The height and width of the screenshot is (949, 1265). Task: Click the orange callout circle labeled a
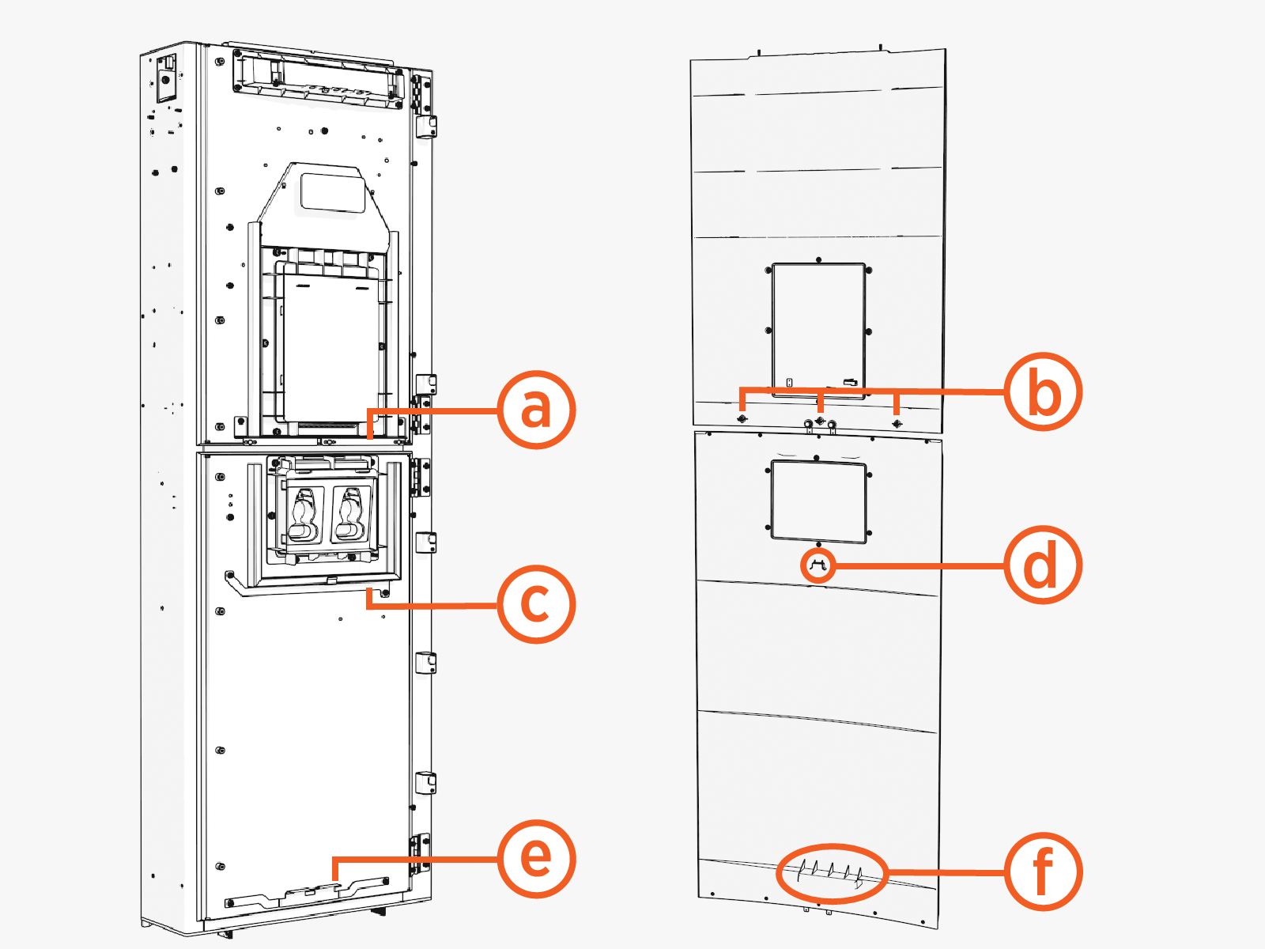pyautogui.click(x=536, y=410)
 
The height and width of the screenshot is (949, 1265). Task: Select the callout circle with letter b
pyautogui.click(x=1043, y=391)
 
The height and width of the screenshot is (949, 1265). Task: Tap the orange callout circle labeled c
pyautogui.click(x=536, y=604)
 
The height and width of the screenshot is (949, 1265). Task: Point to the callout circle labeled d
pyautogui.click(x=1043, y=565)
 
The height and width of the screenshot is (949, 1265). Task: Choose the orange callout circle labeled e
pyautogui.click(x=536, y=859)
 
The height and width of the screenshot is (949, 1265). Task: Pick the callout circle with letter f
pyautogui.click(x=1043, y=871)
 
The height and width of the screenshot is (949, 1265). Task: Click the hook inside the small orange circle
pyautogui.click(x=818, y=565)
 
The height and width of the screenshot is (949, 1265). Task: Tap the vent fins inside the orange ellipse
pyautogui.click(x=830, y=871)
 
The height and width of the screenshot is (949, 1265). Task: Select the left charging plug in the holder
pyautogui.click(x=304, y=514)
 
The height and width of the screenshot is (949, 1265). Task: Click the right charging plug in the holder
pyautogui.click(x=349, y=514)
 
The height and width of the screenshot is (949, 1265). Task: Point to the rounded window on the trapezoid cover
pyautogui.click(x=333, y=192)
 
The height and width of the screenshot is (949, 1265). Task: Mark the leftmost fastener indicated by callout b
pyautogui.click(x=742, y=418)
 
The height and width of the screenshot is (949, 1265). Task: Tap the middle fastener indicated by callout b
pyautogui.click(x=820, y=420)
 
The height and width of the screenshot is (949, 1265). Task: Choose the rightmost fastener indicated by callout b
pyautogui.click(x=896, y=423)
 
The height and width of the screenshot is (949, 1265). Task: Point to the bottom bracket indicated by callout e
pyautogui.click(x=308, y=894)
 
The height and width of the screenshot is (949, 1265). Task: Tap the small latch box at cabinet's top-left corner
pyautogui.click(x=167, y=78)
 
